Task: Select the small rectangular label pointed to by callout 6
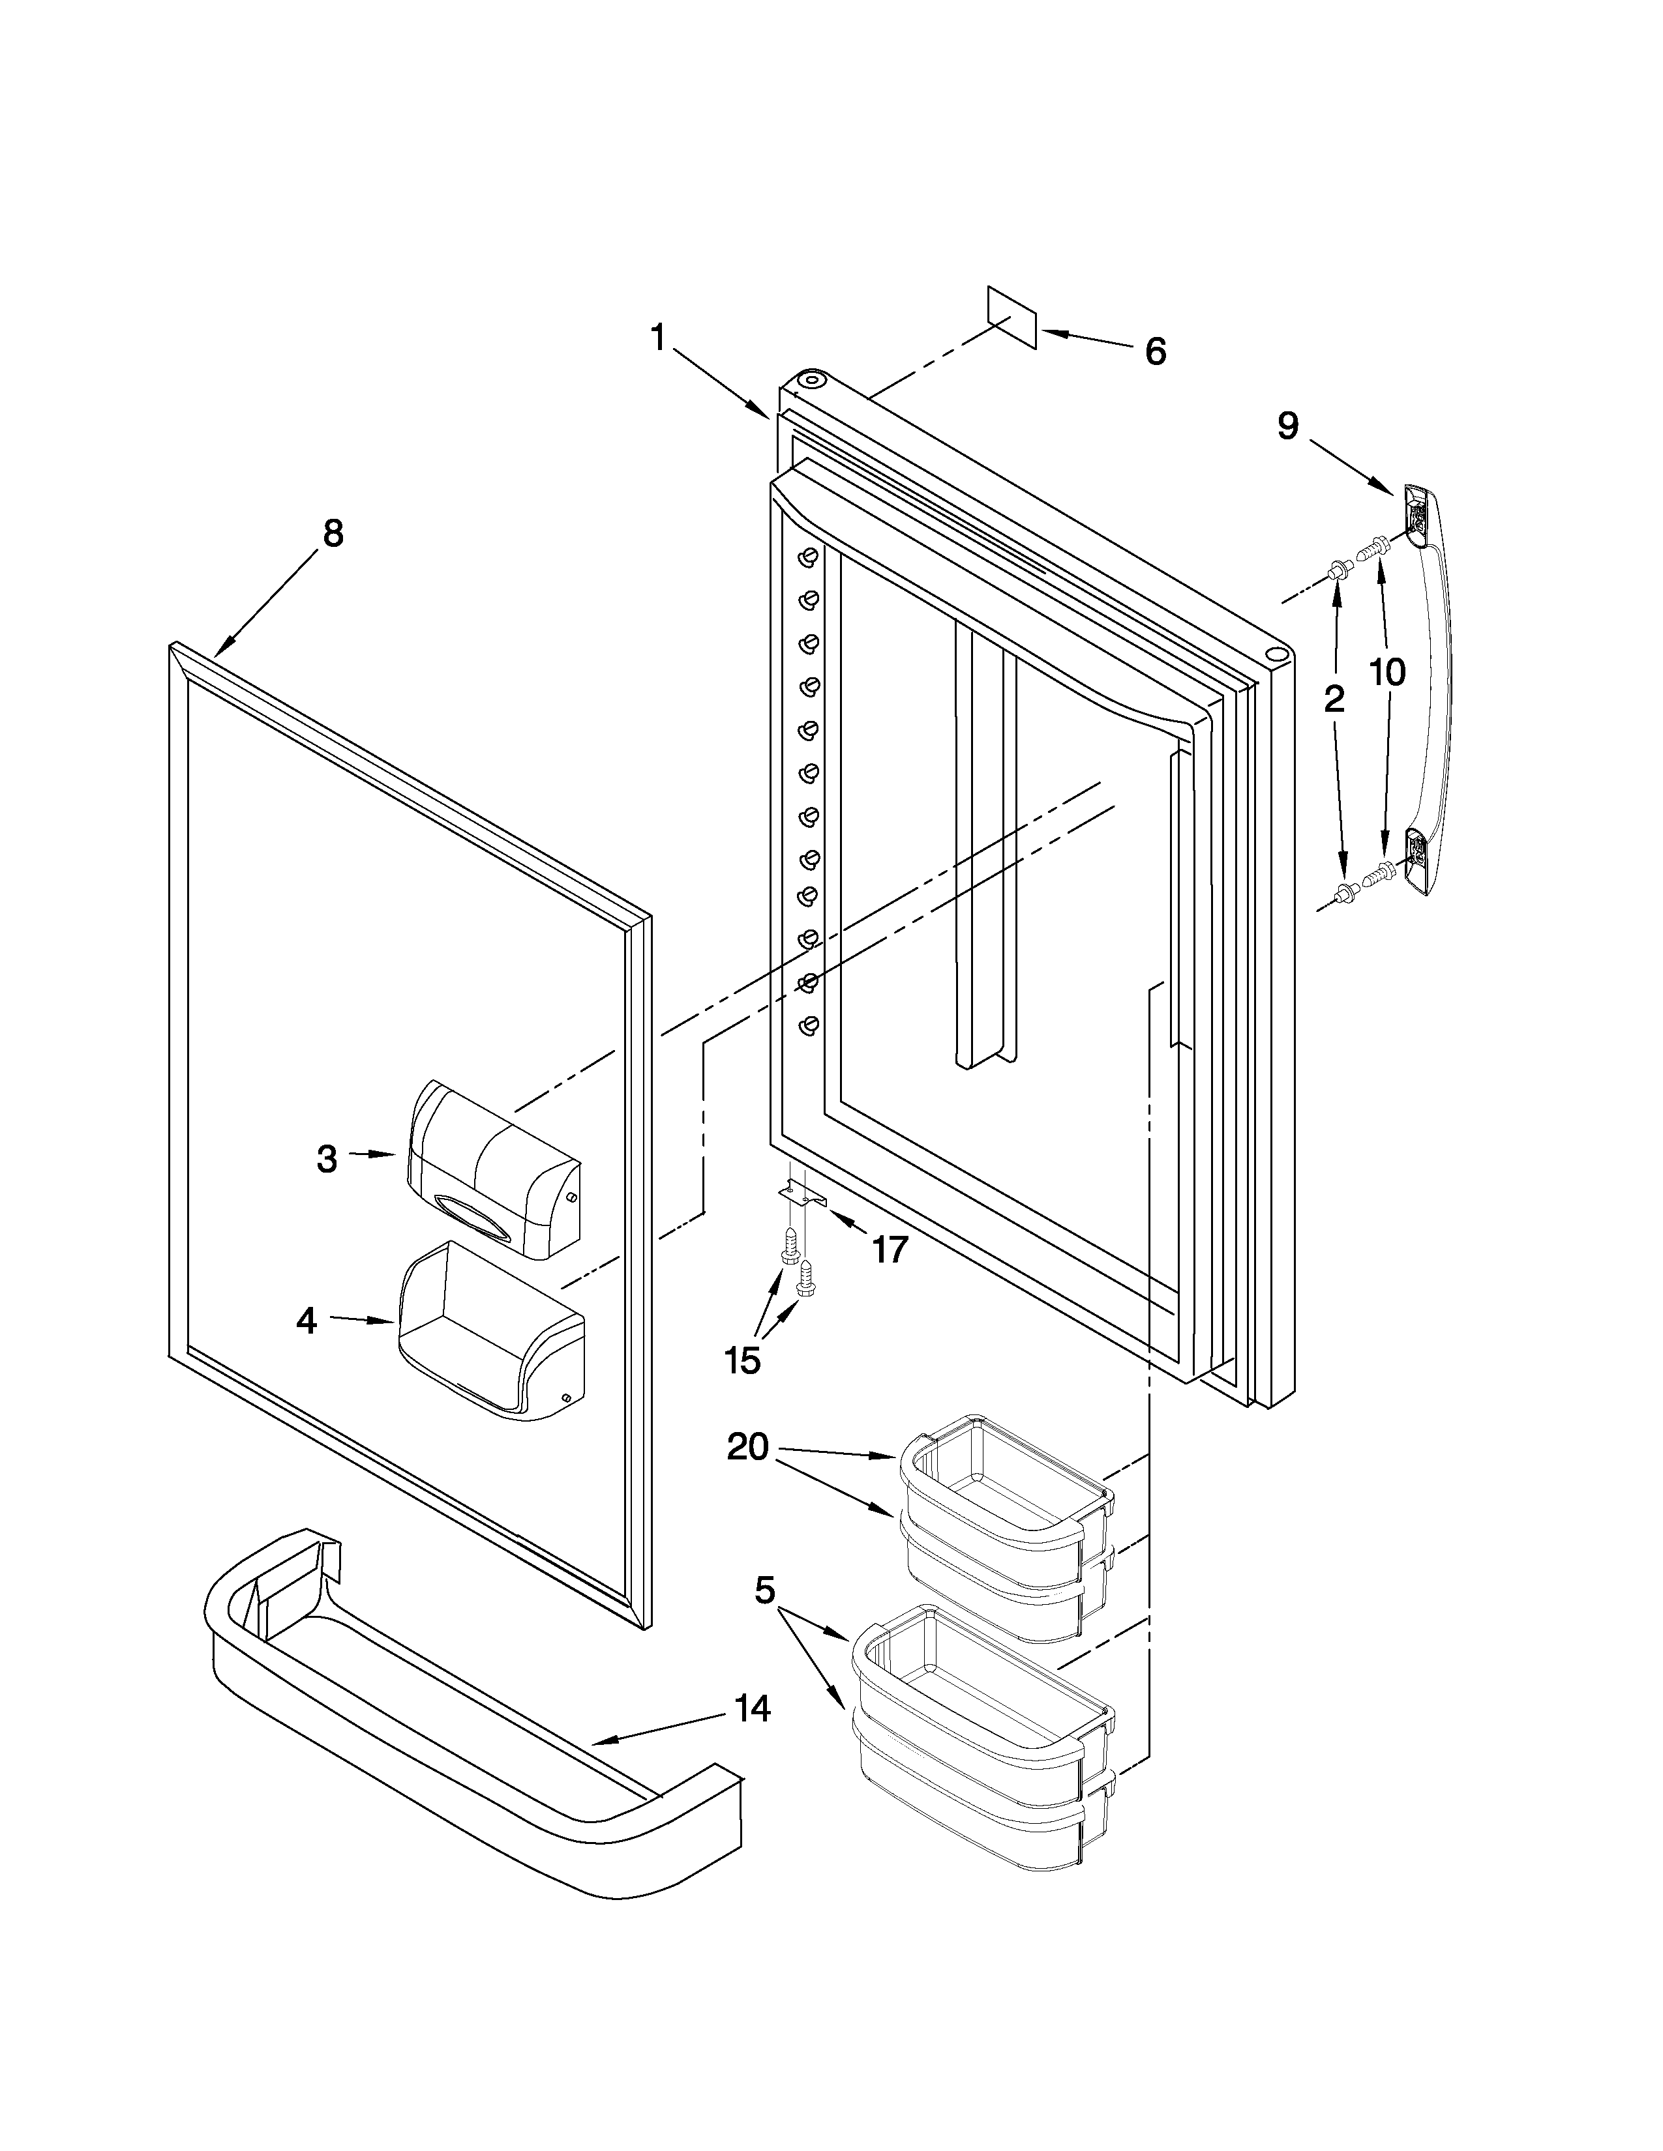point(1013,318)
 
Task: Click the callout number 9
point(1287,426)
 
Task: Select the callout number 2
point(1333,699)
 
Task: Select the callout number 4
point(307,1321)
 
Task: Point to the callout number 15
point(742,1361)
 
